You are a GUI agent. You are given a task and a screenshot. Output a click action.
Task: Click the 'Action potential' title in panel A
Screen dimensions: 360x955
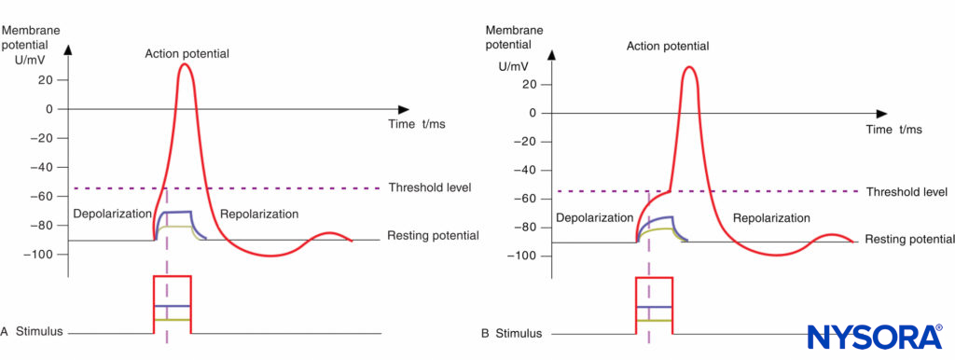pyautogui.click(x=187, y=53)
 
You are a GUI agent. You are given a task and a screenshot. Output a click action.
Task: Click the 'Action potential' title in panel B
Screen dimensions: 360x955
pyautogui.click(x=669, y=46)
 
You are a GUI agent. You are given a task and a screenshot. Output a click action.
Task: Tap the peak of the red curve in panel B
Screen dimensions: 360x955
pyautogui.click(x=689, y=67)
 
